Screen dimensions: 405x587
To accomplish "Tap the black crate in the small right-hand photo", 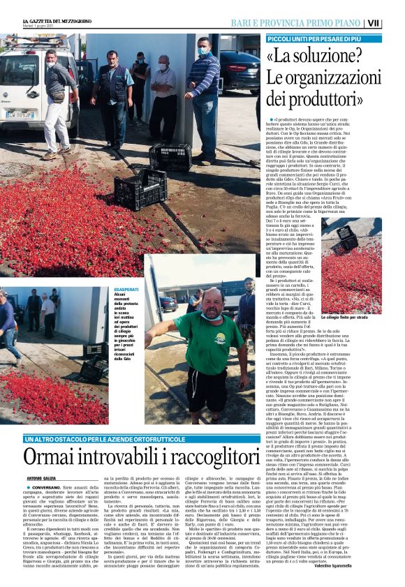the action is [346, 237].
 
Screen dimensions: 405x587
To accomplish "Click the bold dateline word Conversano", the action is [44, 486].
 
